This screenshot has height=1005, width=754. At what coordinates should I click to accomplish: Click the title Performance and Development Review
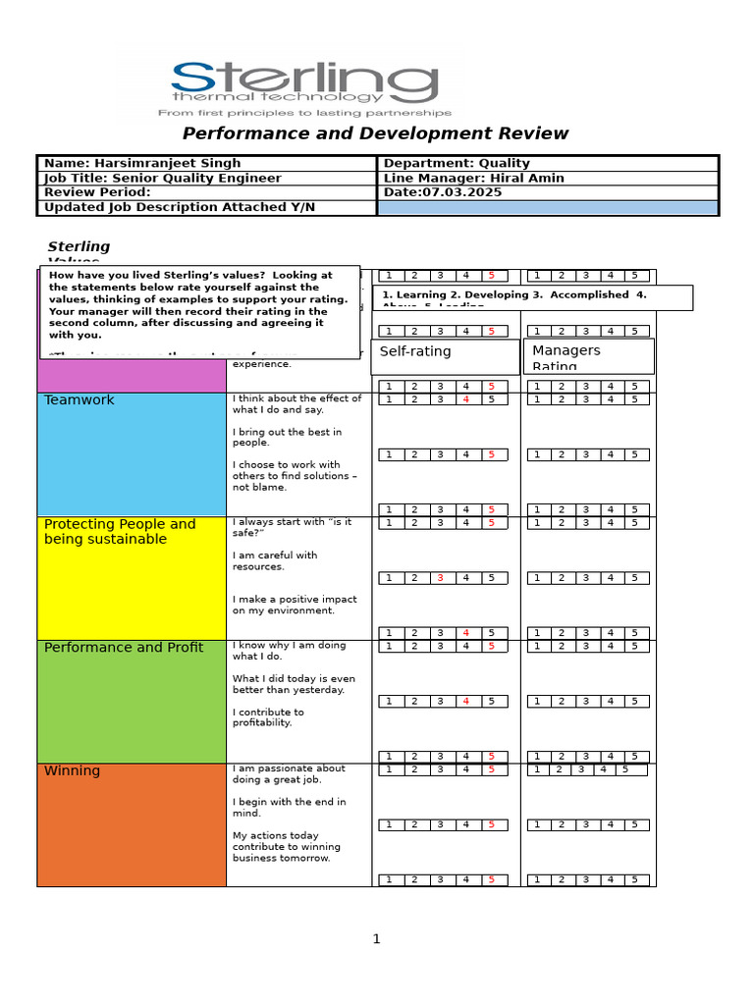(376, 133)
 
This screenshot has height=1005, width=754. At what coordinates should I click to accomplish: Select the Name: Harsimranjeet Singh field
(142, 163)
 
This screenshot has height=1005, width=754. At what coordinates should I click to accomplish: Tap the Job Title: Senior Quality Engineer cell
(163, 179)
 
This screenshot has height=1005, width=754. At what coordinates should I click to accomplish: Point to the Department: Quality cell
(457, 163)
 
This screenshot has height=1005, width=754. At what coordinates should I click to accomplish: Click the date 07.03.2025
(461, 192)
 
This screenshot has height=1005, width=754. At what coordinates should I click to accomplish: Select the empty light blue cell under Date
(548, 207)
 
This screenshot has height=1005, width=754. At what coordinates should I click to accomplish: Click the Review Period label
(97, 192)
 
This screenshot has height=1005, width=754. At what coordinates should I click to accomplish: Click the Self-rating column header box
(445, 356)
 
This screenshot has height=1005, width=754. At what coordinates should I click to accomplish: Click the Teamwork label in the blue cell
(80, 400)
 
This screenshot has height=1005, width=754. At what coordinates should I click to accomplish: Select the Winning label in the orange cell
(72, 771)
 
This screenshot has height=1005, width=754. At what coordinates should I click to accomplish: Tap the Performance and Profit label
(124, 648)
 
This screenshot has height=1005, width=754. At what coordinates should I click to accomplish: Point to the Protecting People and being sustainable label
(120, 532)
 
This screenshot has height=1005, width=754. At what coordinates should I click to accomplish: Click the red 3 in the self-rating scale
(441, 578)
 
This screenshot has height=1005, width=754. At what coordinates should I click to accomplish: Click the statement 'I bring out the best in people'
(287, 438)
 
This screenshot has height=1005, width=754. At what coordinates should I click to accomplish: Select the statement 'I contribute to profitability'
(268, 717)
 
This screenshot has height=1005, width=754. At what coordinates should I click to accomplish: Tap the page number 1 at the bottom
(376, 939)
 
